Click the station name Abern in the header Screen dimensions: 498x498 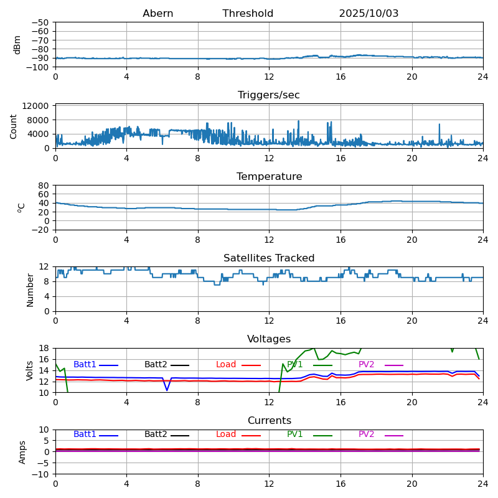[157, 14]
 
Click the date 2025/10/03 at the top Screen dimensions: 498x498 [369, 14]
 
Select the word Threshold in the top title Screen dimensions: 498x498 [248, 14]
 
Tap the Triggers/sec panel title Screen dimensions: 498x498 [269, 95]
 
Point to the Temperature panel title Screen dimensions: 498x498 [269, 177]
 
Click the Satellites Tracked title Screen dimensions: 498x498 [269, 258]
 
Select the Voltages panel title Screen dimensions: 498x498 [269, 339]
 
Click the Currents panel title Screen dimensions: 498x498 [269, 421]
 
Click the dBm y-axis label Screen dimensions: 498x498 [17, 44]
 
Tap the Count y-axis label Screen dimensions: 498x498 [14, 126]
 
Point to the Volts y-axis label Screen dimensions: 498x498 [30, 370]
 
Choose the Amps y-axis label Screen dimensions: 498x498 [22, 452]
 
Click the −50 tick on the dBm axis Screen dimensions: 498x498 [40, 22]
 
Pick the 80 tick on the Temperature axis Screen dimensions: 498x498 [44, 186]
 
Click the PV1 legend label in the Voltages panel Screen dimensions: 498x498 [294, 365]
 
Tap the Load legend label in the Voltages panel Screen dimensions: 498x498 [226, 365]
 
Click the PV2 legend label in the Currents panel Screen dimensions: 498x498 [366, 435]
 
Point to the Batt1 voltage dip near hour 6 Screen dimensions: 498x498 [167, 390]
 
